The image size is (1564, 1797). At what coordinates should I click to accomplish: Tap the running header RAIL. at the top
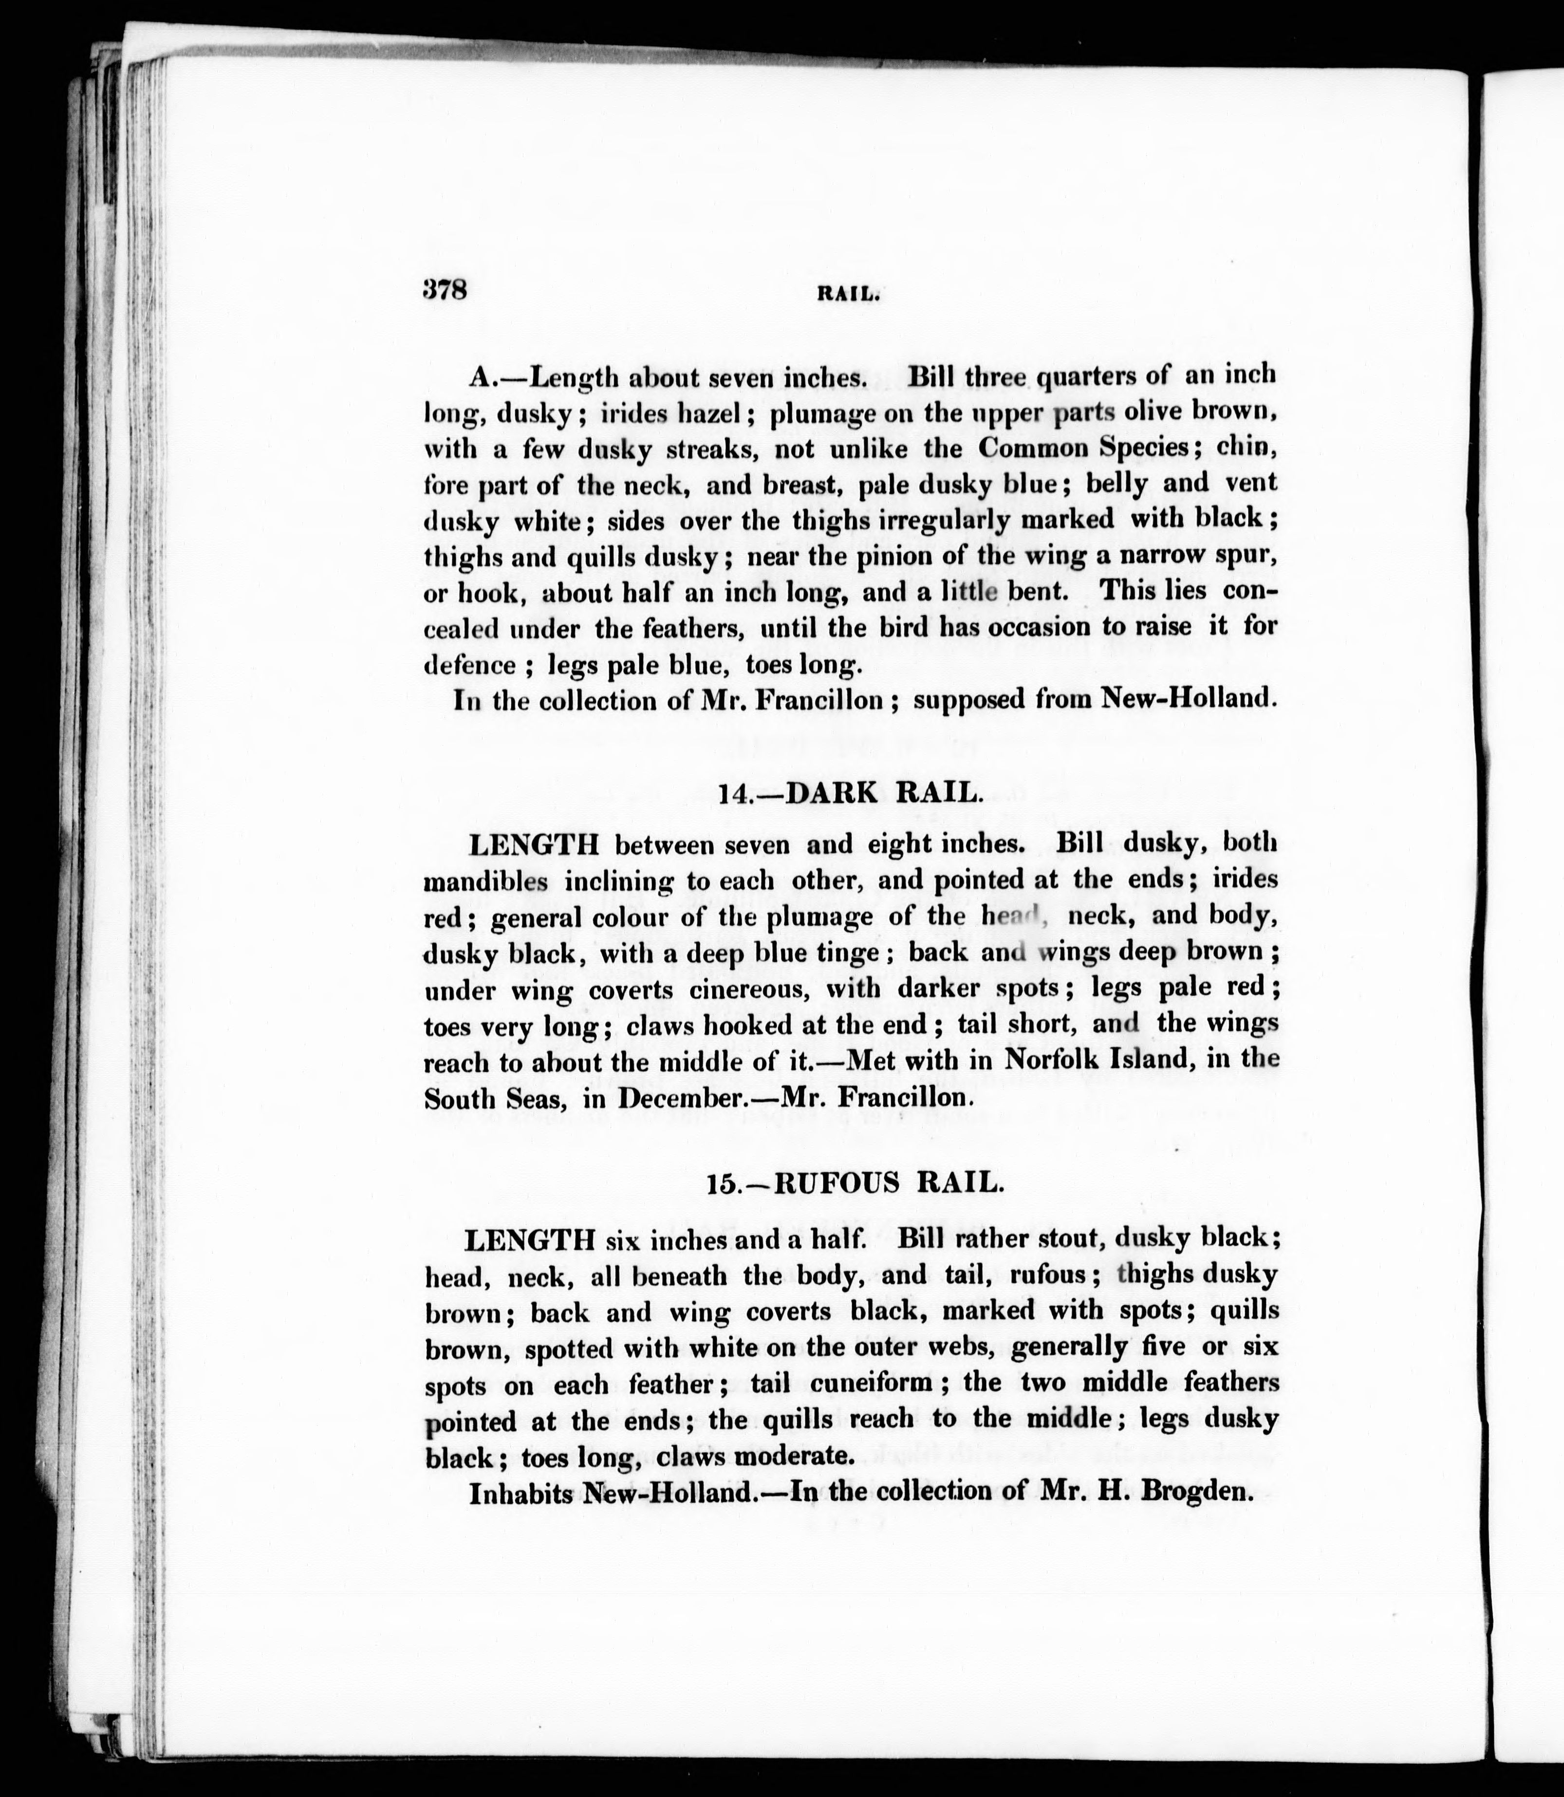coord(847,294)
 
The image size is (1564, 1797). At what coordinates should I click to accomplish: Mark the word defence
coord(469,665)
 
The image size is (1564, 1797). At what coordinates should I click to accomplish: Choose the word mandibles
coord(485,881)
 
